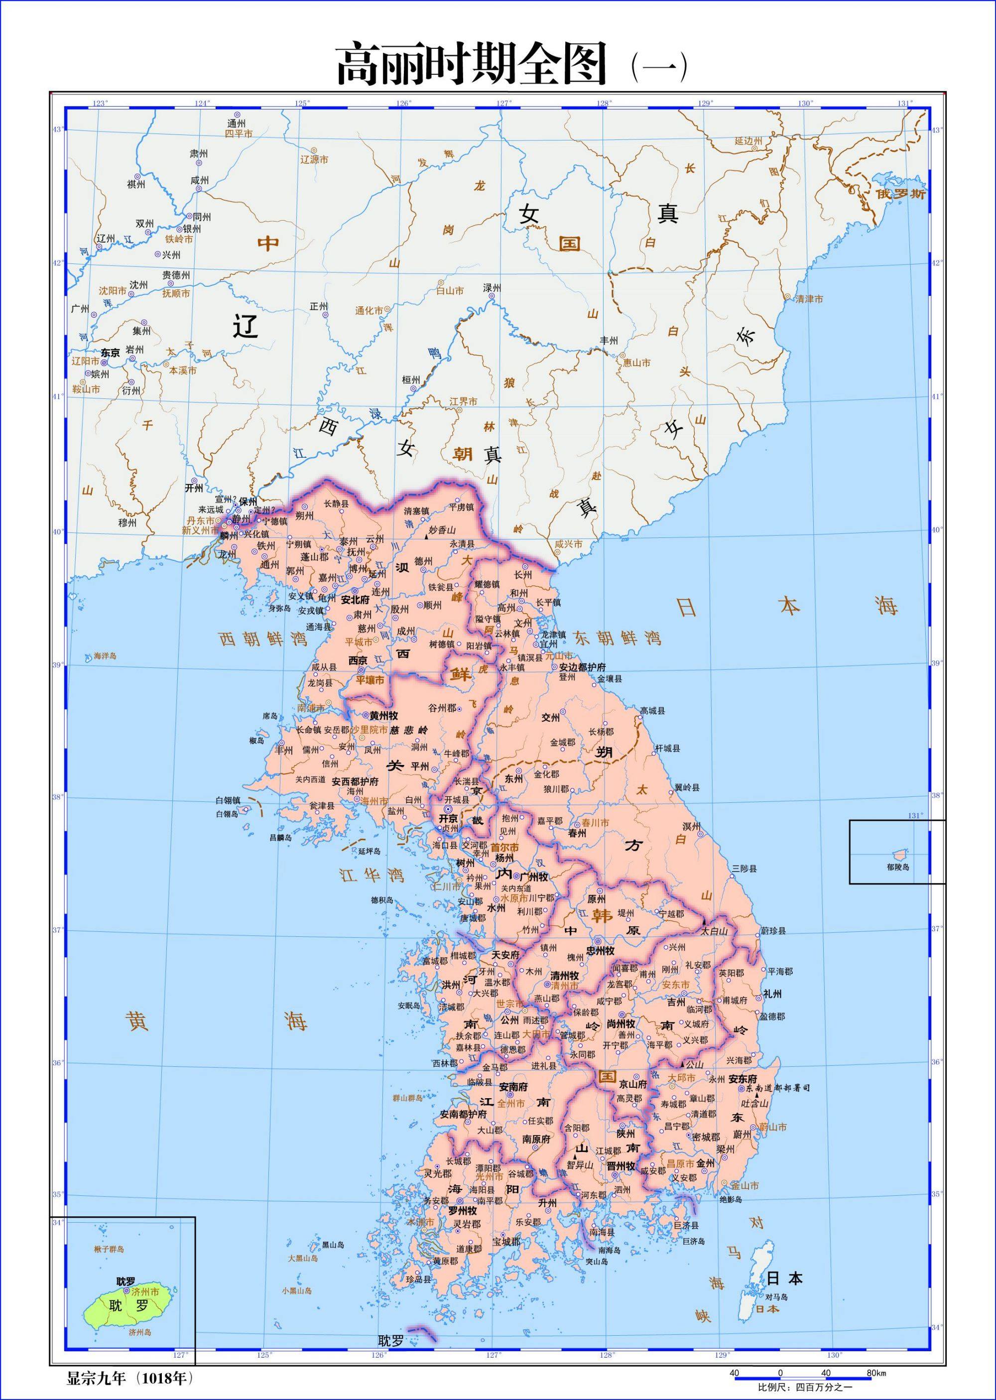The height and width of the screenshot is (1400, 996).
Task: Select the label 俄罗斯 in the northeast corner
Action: tap(900, 194)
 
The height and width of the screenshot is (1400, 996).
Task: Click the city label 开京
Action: tap(448, 819)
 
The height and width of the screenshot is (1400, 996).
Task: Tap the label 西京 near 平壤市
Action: tap(358, 660)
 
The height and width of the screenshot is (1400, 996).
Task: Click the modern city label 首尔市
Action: tap(505, 847)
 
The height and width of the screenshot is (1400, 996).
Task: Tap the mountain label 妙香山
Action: tap(442, 530)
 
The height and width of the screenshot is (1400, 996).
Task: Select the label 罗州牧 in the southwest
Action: tap(463, 1211)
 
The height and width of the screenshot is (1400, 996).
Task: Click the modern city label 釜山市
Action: tap(745, 1186)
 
